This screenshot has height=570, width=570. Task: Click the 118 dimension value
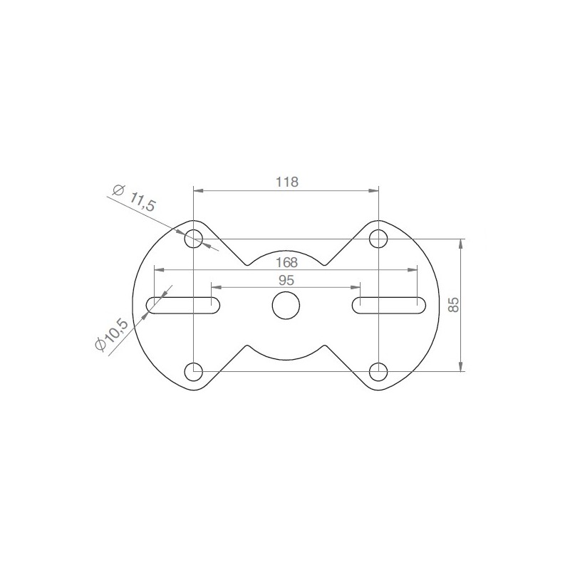tap(287, 182)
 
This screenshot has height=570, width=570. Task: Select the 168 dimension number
tap(287, 262)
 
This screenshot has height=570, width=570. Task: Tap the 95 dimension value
tap(286, 280)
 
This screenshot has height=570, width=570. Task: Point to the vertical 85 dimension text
tap(453, 305)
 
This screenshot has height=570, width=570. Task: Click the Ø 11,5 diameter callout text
tap(134, 198)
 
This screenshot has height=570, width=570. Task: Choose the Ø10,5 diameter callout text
tap(111, 335)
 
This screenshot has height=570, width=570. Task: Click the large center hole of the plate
tap(286, 306)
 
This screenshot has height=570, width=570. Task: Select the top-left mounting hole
tap(193, 239)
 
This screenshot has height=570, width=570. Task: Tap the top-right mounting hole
tap(378, 239)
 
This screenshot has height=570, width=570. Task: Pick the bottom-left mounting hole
tap(193, 371)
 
